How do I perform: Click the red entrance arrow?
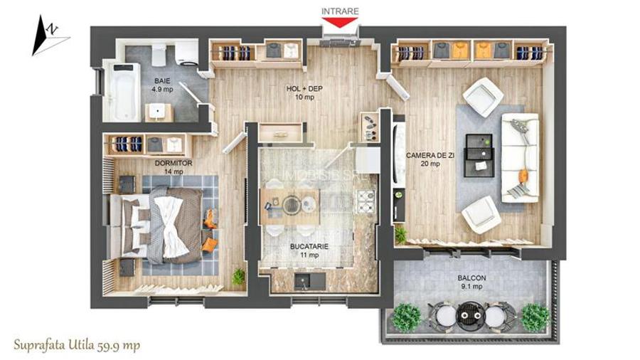point(341,22)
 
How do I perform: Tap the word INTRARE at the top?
point(340,11)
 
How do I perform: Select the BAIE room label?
point(161,82)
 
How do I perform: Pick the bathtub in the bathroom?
point(122,90)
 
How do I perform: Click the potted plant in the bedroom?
point(239,276)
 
